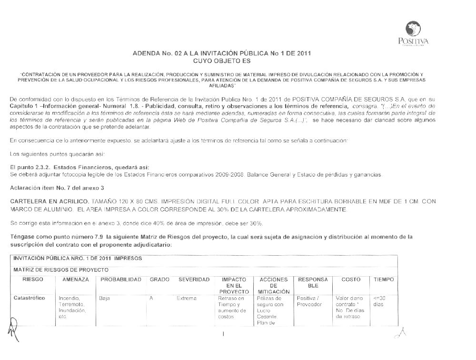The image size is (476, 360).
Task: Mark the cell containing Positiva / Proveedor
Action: [310, 301]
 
